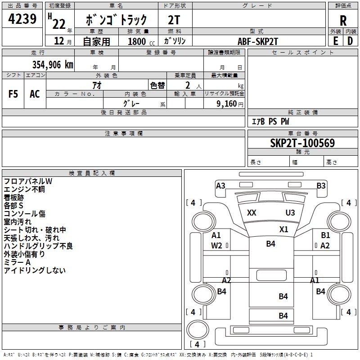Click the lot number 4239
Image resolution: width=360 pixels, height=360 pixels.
point(22,19)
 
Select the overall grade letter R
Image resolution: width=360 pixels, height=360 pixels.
point(343,20)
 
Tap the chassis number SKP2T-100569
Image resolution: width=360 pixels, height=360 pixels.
point(302,143)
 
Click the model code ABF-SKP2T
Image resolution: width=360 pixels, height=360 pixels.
point(258,41)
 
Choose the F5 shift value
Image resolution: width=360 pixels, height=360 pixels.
point(13,94)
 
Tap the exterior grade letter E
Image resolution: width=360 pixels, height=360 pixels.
point(335,41)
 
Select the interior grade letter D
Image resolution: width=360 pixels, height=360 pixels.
point(350,41)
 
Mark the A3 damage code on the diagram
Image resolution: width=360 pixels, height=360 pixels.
point(220,186)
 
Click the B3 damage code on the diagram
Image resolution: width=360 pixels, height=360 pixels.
point(321,186)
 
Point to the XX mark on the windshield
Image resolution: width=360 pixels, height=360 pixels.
point(252,213)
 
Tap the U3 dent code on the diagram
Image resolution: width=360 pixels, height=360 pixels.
point(290,213)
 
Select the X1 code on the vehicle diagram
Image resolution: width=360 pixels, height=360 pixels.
point(283,229)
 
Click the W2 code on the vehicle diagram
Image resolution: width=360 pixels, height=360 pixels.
point(216,245)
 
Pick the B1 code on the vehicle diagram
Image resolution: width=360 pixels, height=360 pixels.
point(325,235)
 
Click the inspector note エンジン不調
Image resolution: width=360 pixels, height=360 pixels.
point(24,189)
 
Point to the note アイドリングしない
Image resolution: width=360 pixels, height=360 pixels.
point(35,270)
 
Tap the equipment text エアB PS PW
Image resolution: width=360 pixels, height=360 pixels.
point(270,121)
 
